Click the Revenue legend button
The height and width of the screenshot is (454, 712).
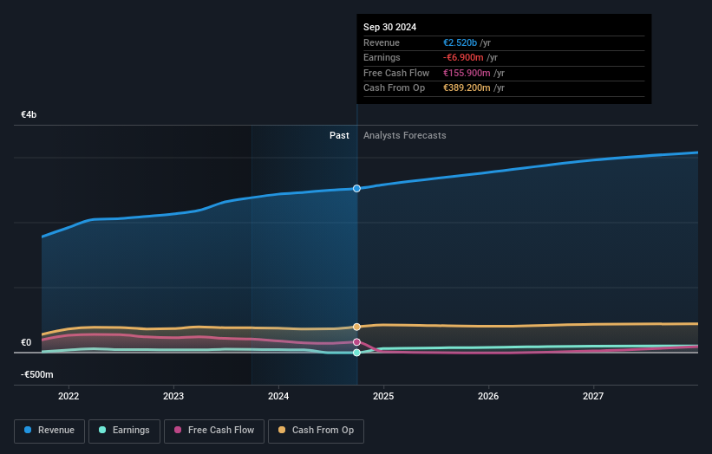coord(50,430)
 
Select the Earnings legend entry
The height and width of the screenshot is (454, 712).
coord(124,430)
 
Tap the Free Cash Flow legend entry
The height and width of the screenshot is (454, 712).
coord(214,430)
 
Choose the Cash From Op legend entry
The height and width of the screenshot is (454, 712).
coord(317,430)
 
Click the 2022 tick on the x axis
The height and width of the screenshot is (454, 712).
coord(69,396)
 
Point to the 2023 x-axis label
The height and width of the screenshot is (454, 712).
coord(173,396)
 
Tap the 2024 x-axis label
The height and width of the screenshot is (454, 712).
coord(278,396)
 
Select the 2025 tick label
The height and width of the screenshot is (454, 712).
coord(383,396)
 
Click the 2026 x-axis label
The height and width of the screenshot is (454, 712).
coord(488,396)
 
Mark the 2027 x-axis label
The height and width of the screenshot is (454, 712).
coord(593,396)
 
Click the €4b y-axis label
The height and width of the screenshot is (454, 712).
coord(29,115)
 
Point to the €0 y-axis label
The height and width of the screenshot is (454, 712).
coord(26,342)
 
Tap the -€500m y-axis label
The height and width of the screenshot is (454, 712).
coord(37,374)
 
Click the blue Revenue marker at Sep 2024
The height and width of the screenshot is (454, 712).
coord(356,188)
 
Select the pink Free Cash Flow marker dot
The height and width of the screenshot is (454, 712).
coord(356,342)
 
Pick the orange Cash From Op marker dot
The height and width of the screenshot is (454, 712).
coord(356,327)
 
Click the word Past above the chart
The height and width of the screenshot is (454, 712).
coord(339,135)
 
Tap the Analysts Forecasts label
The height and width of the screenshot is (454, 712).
coord(405,135)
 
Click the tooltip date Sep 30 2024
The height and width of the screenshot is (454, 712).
coord(389,27)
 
